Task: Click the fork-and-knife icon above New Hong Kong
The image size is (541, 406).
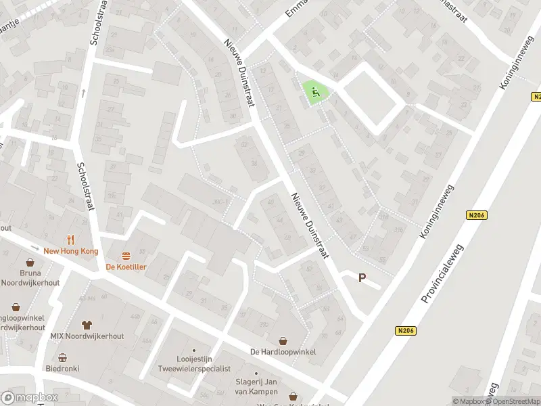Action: click(x=70, y=240)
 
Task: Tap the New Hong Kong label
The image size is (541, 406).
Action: click(x=70, y=251)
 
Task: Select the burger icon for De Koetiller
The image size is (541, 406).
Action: click(x=126, y=256)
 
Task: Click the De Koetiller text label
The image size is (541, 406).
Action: click(x=126, y=267)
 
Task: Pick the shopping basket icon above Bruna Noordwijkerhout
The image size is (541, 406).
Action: click(x=30, y=263)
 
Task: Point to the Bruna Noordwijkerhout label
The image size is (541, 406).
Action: click(x=31, y=278)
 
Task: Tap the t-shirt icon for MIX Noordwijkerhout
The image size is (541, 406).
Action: click(x=86, y=325)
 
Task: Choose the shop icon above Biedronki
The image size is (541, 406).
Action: click(x=63, y=358)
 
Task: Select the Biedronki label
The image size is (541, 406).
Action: click(x=62, y=369)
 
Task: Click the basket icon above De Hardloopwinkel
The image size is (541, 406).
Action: click(x=283, y=340)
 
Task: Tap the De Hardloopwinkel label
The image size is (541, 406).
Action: click(x=283, y=352)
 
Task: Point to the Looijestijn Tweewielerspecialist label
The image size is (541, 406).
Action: click(x=194, y=364)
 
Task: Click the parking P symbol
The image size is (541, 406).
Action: click(x=362, y=278)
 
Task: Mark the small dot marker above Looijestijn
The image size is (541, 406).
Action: click(x=194, y=351)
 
